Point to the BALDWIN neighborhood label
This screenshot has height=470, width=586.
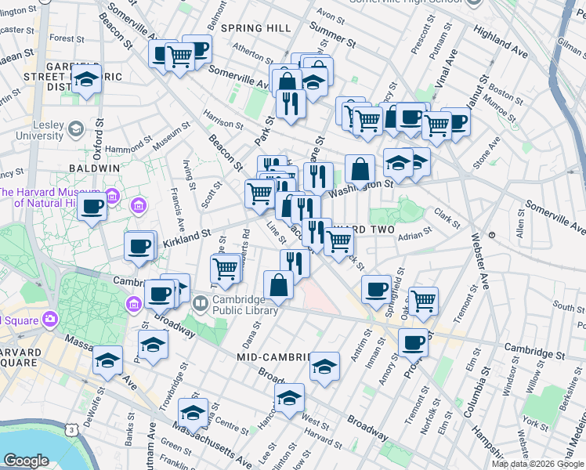[93, 168]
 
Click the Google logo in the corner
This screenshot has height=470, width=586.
[26, 461]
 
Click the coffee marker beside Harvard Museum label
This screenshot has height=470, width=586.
[92, 208]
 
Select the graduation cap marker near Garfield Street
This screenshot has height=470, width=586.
[87, 79]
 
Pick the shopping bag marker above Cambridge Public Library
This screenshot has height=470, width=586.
[278, 285]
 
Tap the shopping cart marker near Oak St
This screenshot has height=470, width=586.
[423, 300]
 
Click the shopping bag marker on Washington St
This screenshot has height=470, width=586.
[360, 169]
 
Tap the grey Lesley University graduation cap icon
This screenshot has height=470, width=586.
[76, 128]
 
